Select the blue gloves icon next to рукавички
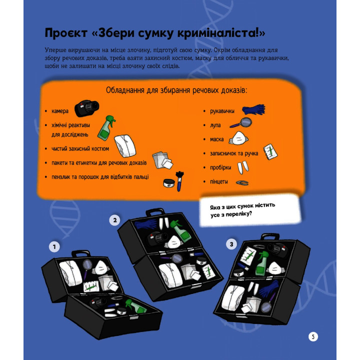[253, 109]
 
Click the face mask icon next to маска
[238, 138]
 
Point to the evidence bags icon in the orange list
[162, 160]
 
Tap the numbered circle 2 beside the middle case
[115, 220]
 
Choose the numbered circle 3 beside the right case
[231, 244]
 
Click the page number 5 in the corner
[313, 336]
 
